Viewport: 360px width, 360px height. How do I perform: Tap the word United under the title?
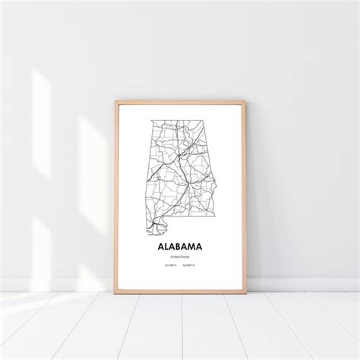tap(175, 257)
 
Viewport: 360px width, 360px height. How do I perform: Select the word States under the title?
tap(185, 257)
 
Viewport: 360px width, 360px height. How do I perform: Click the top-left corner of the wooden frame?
tap(116, 100)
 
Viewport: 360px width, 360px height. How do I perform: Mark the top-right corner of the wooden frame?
tap(244, 100)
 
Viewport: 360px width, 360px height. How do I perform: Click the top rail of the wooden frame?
tap(180, 101)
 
